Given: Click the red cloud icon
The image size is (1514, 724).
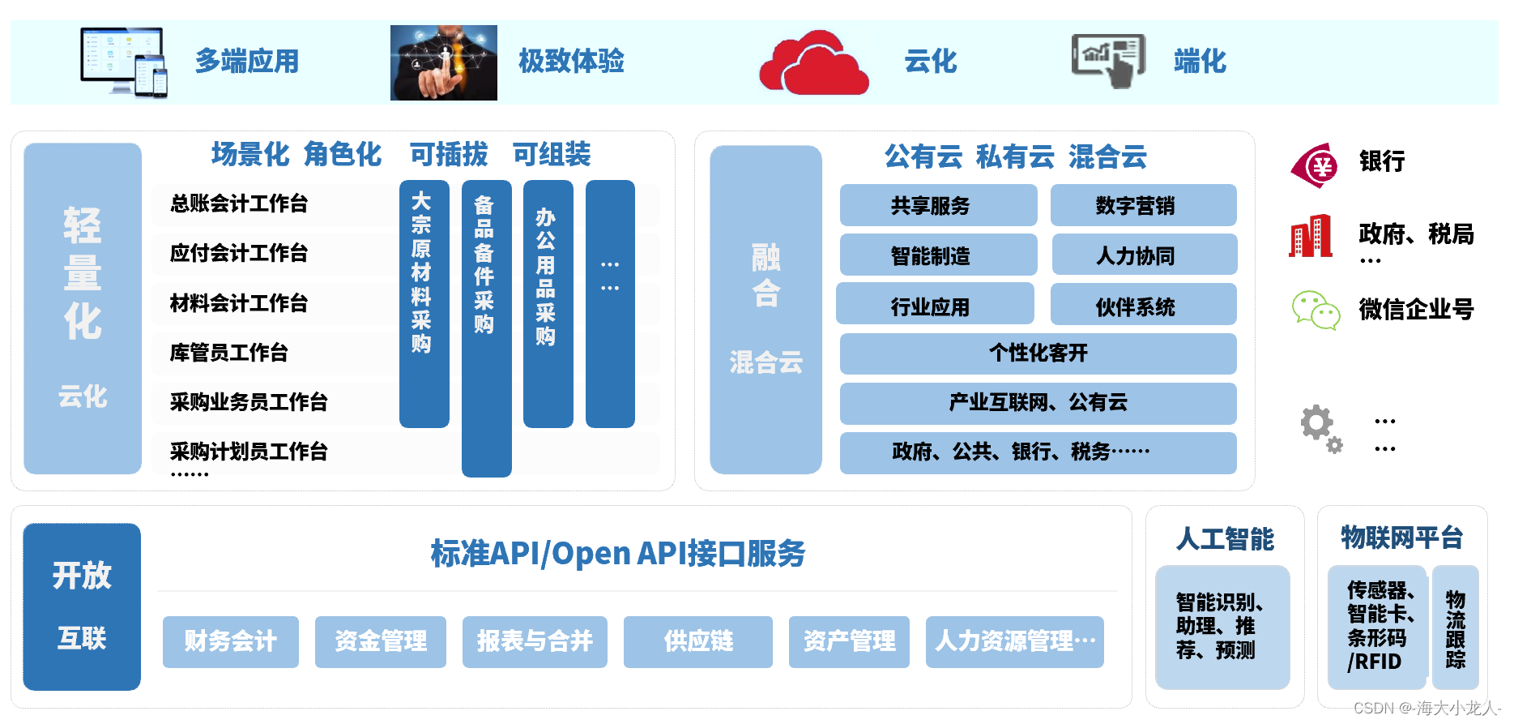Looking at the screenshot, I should click(x=813, y=63).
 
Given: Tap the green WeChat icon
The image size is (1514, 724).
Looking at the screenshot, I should click(x=1316, y=310).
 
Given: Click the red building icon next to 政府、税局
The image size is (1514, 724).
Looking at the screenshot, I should click(x=1311, y=236).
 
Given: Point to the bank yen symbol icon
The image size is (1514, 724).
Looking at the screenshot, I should click(x=1316, y=165).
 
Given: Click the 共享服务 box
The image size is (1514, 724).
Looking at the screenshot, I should click(x=938, y=206).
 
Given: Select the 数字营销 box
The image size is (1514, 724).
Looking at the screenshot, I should click(x=1143, y=206).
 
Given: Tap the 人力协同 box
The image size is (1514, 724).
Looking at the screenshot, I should click(x=1144, y=255).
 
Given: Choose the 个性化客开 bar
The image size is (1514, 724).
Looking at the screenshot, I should click(x=1038, y=353).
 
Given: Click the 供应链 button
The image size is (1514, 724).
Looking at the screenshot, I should click(x=697, y=641).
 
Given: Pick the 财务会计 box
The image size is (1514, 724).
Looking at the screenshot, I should click(x=230, y=641).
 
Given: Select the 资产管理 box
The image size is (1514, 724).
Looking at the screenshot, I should click(x=848, y=641).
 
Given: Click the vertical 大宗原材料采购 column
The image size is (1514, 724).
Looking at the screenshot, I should click(x=424, y=303).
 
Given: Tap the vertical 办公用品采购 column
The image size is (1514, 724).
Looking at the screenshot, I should click(x=548, y=303).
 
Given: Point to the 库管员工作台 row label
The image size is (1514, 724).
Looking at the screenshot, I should click(x=229, y=353).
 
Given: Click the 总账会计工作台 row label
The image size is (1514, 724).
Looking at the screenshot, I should click(x=239, y=203).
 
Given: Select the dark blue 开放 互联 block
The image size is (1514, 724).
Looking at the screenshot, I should click(x=82, y=606).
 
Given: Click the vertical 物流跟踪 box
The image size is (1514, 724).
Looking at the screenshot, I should click(x=1455, y=628).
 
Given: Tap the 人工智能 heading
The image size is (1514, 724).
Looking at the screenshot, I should click(x=1225, y=539).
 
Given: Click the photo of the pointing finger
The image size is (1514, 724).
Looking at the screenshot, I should click(x=443, y=62).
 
